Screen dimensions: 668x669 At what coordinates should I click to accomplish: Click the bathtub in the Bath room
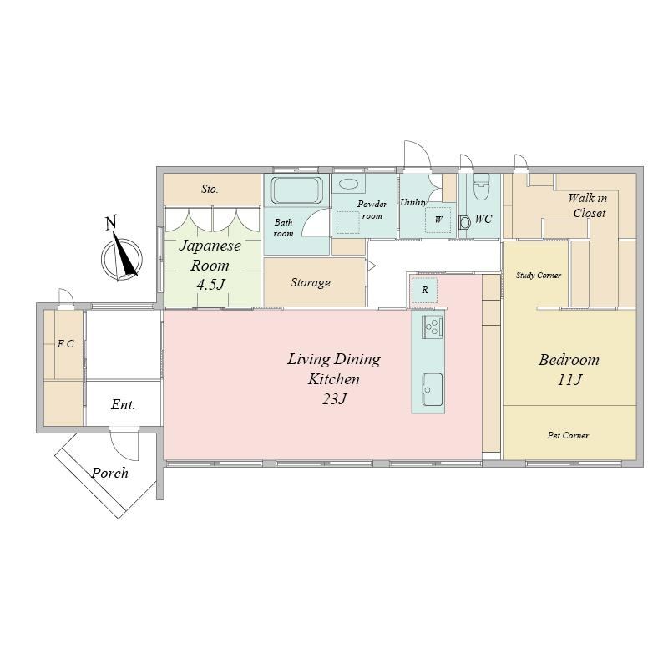tap(296, 190)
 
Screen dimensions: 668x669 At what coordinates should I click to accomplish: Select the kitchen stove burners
tap(432, 327)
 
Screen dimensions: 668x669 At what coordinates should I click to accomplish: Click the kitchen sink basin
tap(432, 389)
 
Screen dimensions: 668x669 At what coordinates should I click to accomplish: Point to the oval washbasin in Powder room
tap(348, 185)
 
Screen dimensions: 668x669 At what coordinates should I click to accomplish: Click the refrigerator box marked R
tap(424, 290)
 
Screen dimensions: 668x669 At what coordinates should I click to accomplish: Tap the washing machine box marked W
tap(438, 220)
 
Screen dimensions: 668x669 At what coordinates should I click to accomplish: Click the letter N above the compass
tap(111, 223)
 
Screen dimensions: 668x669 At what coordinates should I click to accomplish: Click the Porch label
tap(109, 473)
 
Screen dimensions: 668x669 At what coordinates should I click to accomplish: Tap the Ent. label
tap(123, 404)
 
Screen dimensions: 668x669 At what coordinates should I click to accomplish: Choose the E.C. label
tap(67, 344)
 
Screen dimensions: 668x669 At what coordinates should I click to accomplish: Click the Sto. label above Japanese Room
tap(210, 189)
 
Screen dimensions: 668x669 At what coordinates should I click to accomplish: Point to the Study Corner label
tap(539, 275)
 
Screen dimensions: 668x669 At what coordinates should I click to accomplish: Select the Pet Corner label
tap(568, 435)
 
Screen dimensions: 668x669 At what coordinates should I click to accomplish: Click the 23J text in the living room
tap(334, 399)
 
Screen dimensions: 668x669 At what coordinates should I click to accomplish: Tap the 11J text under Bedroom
tap(569, 379)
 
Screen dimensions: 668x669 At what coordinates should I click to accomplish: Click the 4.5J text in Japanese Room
tap(210, 285)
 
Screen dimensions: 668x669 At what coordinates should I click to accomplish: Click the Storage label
tap(310, 283)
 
